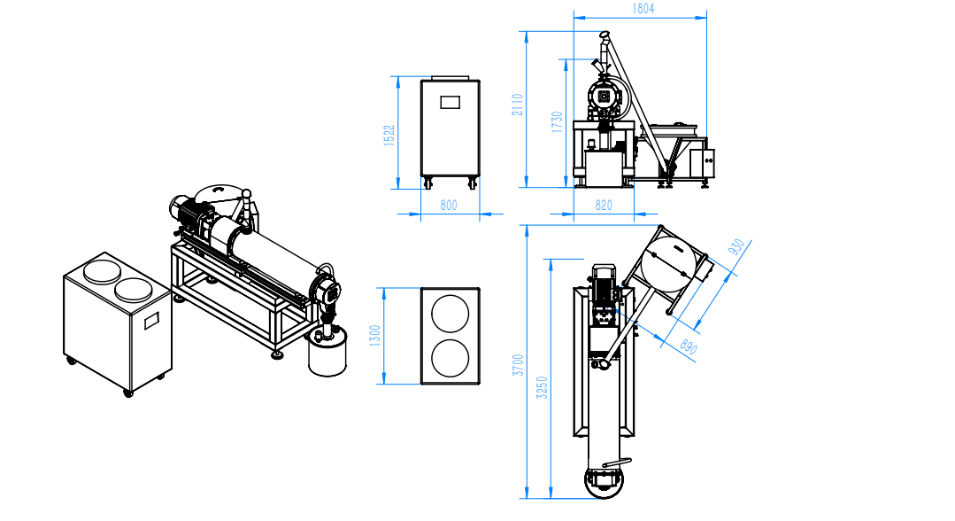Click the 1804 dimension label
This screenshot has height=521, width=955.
point(643,9)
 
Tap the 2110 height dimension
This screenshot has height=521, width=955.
point(518,105)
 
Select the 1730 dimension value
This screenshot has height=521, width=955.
point(557,122)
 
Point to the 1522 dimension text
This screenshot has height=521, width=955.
point(389,135)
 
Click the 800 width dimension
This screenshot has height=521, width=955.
point(448,205)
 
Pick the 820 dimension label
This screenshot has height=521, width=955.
point(603,205)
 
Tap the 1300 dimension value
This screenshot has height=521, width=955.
point(375,336)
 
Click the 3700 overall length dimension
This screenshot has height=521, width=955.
point(518,365)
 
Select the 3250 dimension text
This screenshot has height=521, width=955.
point(542,388)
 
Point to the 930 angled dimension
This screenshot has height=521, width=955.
point(736,247)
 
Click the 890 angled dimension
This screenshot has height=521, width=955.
point(689,346)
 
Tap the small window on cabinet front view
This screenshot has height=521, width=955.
point(451,102)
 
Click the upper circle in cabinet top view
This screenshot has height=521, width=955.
point(451,315)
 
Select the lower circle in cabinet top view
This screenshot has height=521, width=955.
point(451,357)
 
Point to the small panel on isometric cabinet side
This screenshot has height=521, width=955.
point(151,320)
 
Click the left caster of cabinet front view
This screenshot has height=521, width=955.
point(427,183)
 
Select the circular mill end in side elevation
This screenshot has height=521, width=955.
point(604,96)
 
